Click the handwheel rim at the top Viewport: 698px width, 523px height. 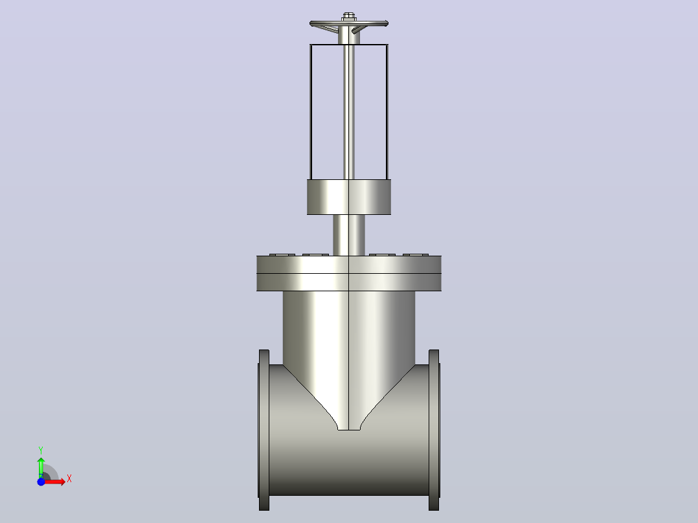[349, 23]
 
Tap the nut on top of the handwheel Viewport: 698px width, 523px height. [349, 16]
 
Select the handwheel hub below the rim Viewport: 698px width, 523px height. [349, 36]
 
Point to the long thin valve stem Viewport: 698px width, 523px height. [349, 111]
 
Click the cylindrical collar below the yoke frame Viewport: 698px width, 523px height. [349, 197]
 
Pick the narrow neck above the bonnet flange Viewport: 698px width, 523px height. [349, 235]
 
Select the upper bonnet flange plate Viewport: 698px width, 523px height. [349, 264]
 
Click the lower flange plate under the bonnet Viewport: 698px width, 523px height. [349, 282]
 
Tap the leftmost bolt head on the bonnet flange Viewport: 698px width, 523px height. [282, 254]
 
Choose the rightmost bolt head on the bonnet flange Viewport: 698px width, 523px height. [416, 254]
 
